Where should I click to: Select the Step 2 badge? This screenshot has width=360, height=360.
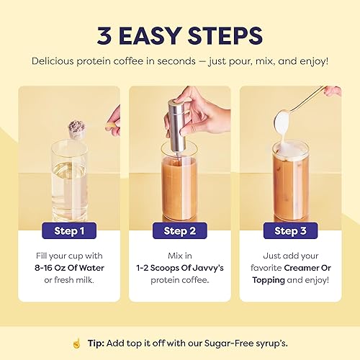[x=180, y=231]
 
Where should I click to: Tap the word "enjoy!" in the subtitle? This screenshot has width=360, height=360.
[x=311, y=60]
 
